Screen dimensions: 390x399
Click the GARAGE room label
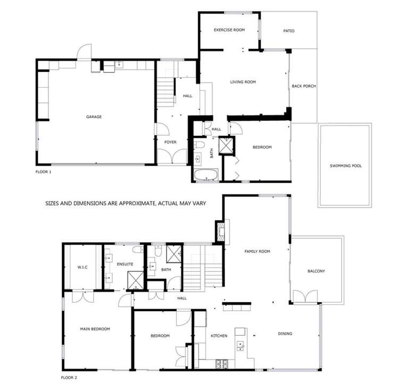pyautogui.click(x=94, y=117)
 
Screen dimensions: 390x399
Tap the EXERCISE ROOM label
pyautogui.click(x=229, y=30)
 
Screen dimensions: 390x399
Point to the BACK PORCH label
pyautogui.click(x=304, y=86)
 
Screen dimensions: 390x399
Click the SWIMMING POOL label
pyautogui.click(x=345, y=166)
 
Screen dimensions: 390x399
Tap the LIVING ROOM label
pyautogui.click(x=243, y=82)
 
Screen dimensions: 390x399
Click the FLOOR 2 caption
pyautogui.click(x=69, y=378)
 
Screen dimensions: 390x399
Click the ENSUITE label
pyautogui.click(x=126, y=264)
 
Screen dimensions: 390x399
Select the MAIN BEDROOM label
pyautogui.click(x=95, y=329)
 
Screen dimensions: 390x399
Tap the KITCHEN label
pyautogui.click(x=219, y=336)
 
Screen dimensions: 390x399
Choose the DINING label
pyautogui.click(x=285, y=334)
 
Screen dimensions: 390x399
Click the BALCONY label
pyautogui.click(x=316, y=271)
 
